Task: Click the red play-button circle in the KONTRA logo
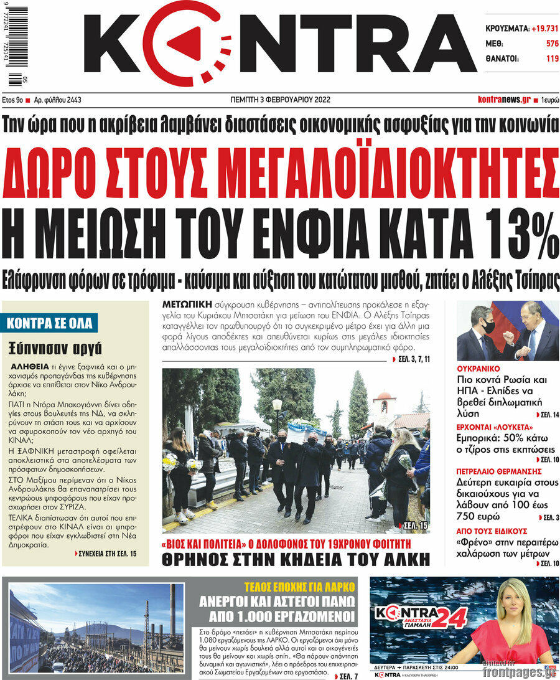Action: click(x=184, y=43)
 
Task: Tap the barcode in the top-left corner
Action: click(x=18, y=47)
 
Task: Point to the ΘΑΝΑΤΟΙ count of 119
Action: click(x=552, y=59)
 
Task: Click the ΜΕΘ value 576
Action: click(x=552, y=44)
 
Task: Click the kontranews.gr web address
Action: click(x=504, y=100)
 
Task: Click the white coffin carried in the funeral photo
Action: click(x=306, y=432)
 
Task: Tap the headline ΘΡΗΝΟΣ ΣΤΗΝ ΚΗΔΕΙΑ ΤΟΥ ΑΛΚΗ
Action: click(x=296, y=559)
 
